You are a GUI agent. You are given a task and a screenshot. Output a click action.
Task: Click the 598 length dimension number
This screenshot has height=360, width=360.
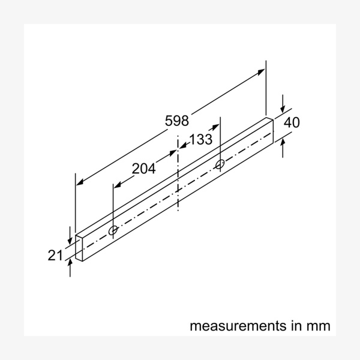177,121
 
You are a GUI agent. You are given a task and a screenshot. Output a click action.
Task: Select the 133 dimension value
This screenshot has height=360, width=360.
200,140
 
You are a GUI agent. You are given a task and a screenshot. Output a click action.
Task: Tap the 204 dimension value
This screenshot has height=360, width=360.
144,169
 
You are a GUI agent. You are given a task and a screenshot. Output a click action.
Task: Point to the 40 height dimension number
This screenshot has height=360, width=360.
292,123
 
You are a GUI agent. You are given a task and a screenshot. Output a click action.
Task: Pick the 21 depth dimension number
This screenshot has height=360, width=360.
55,255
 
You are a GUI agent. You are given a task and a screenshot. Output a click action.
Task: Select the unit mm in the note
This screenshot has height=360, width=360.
318,326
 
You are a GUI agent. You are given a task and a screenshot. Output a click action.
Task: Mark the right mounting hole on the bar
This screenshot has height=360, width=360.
220,163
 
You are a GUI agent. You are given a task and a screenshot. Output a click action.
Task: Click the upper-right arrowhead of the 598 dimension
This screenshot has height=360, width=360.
262,72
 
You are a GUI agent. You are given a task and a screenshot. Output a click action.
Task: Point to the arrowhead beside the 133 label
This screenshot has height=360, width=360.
182,146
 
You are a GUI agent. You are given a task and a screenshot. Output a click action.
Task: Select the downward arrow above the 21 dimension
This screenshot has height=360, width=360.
71,235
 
